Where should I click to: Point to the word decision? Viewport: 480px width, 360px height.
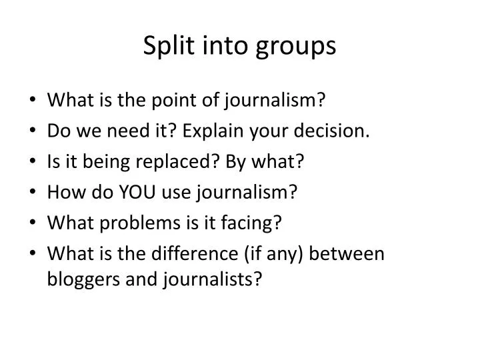click(341, 131)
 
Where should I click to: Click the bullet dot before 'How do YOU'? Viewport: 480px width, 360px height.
click(33, 193)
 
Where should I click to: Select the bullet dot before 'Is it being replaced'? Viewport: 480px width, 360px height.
click(33, 162)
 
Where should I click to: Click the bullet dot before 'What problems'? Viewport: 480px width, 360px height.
click(33, 223)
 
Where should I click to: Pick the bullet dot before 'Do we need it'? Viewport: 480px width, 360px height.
click(33, 131)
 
